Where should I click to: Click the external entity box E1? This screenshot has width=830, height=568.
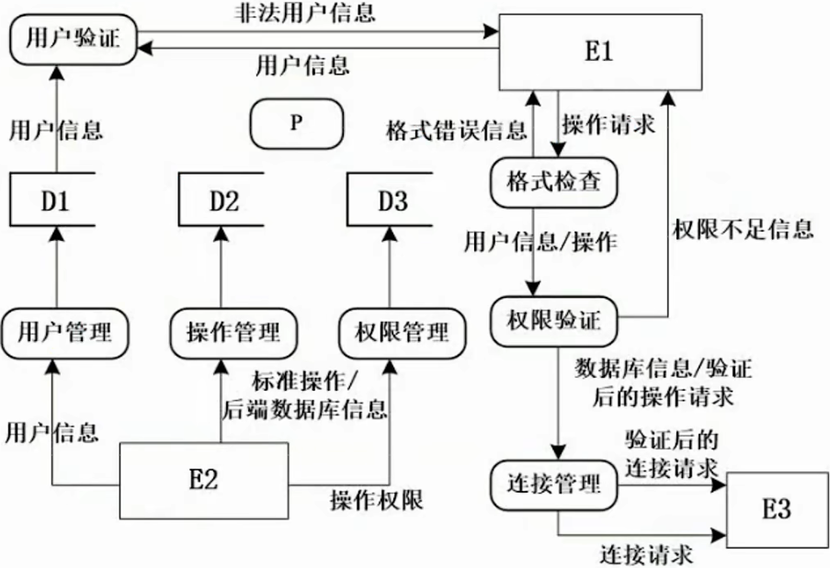[598, 52]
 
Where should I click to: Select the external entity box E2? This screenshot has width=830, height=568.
[203, 479]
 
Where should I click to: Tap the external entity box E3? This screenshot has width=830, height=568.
[776, 508]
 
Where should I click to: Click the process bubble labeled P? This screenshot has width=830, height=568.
[296, 122]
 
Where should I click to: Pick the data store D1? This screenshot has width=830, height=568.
[55, 199]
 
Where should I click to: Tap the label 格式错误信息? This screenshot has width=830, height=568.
[458, 127]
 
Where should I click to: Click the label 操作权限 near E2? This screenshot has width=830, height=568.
[377, 501]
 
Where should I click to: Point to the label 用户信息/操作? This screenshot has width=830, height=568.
[540, 243]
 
